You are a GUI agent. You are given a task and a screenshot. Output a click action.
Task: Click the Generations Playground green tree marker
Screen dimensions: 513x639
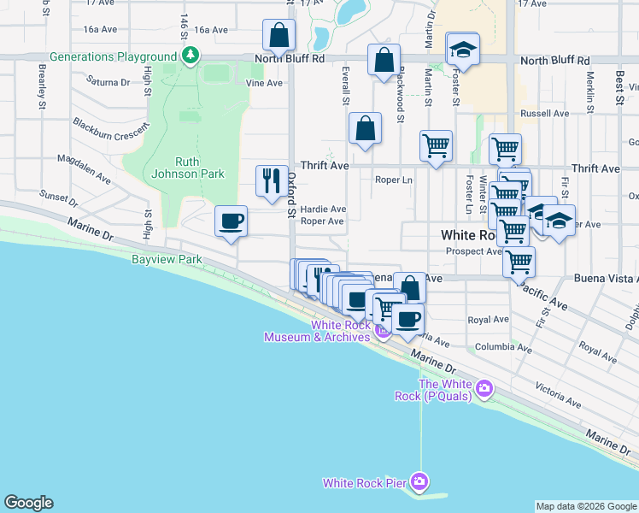coord(190,56)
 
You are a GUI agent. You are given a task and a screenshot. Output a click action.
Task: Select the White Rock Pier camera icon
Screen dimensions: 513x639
coord(419,482)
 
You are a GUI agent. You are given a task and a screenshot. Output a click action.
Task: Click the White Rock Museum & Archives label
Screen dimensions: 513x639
coord(316,331)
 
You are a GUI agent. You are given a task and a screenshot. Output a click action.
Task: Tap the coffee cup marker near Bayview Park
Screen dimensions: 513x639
coord(232,221)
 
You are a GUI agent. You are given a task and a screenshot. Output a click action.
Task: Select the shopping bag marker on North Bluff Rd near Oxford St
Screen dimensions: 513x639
coord(278,35)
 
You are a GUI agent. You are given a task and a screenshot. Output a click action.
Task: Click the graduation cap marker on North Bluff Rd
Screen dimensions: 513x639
coord(463,50)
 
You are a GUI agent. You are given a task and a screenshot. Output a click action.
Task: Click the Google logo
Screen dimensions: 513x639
coord(28,503)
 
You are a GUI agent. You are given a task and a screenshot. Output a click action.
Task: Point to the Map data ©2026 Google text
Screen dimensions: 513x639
coord(585,506)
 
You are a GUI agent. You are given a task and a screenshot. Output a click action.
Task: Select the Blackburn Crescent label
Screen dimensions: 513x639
coord(110,126)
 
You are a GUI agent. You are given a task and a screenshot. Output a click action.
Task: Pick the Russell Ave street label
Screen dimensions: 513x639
coord(544,113)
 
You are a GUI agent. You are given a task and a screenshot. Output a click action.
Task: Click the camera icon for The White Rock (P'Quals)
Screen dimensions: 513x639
coord(484,389)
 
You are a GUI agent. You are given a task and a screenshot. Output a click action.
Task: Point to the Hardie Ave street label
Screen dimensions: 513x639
coord(323,209)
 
